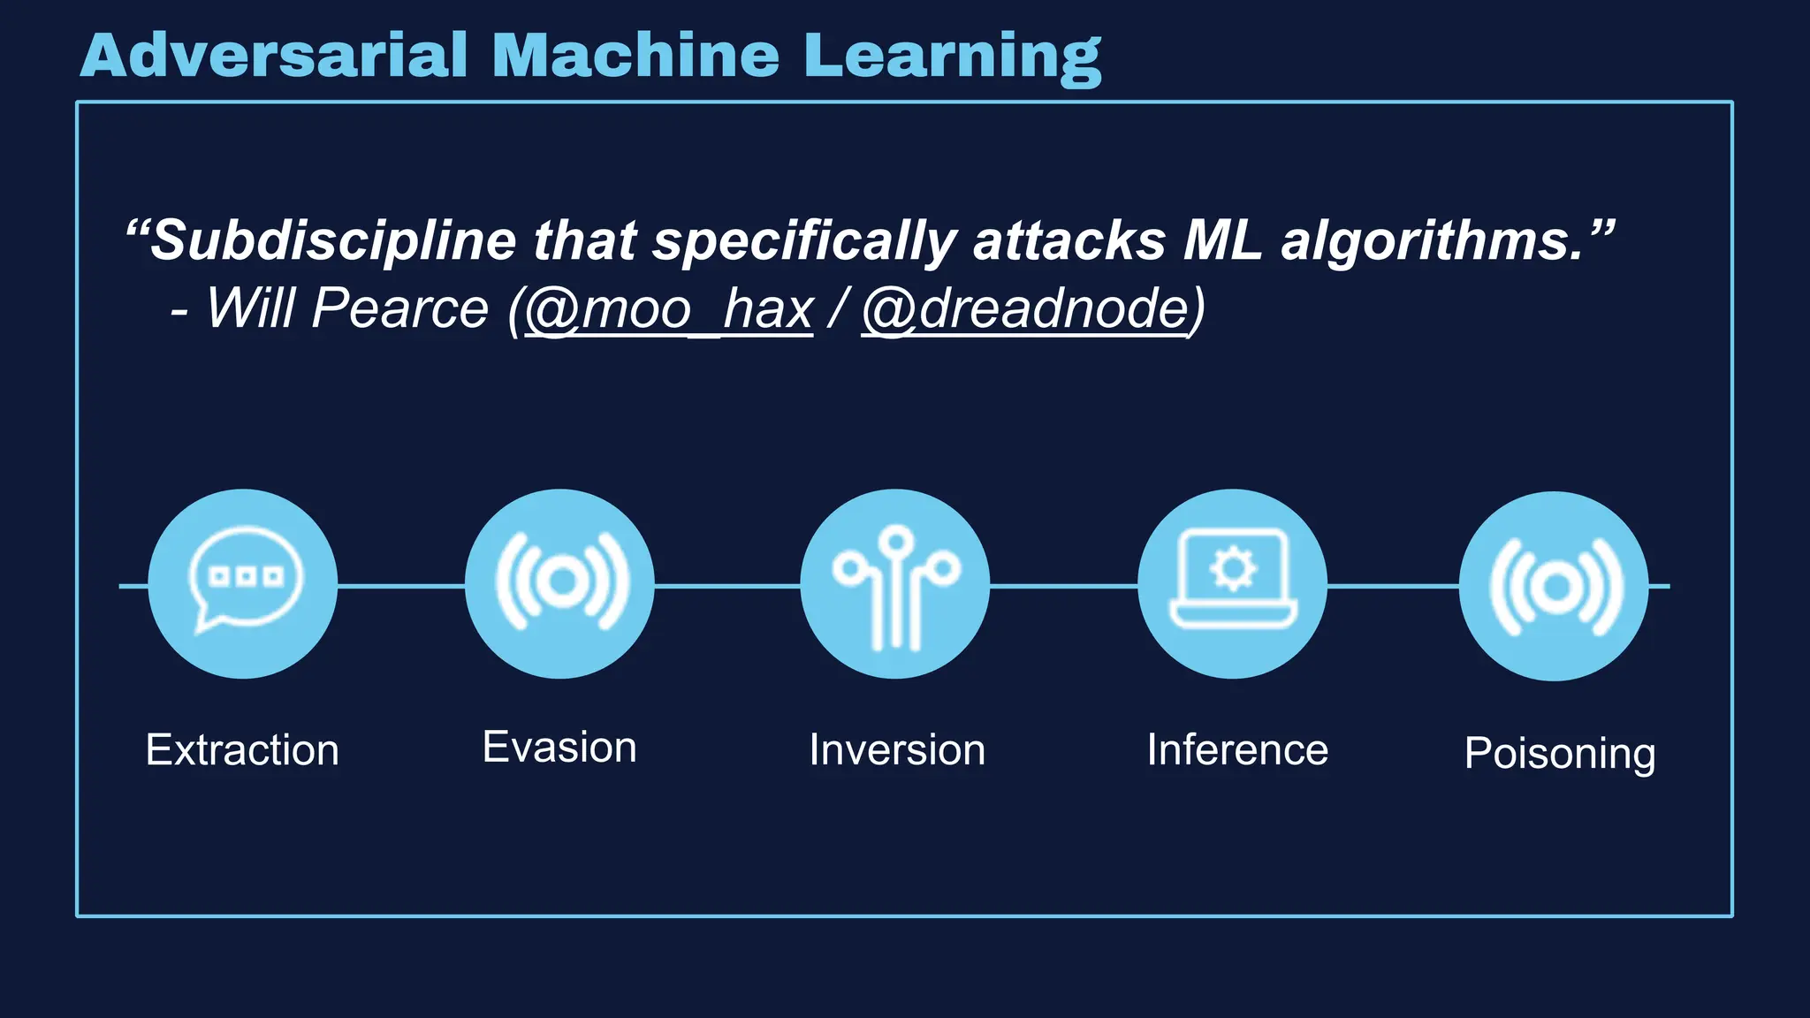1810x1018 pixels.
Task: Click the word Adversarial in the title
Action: pyautogui.click(x=273, y=56)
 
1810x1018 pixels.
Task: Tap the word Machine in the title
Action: pyautogui.click(x=635, y=56)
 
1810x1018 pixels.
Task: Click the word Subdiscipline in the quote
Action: pyautogui.click(x=333, y=240)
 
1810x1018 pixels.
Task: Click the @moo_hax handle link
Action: pyautogui.click(x=669, y=309)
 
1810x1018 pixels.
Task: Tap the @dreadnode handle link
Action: pyautogui.click(x=1025, y=309)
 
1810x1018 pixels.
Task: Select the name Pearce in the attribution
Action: pyautogui.click(x=400, y=309)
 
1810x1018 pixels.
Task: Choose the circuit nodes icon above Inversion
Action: pyautogui.click(x=895, y=584)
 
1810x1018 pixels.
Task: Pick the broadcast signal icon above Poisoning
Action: pyautogui.click(x=1555, y=586)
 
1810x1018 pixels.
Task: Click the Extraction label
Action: pyautogui.click(x=242, y=750)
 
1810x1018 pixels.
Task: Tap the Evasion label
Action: pyautogui.click(x=559, y=748)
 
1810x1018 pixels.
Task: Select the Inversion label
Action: pyautogui.click(x=897, y=750)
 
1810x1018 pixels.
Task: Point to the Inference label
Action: pyautogui.click(x=1237, y=750)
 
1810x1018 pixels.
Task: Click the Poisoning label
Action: pyautogui.click(x=1560, y=754)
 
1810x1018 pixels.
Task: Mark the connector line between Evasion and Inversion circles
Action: pyautogui.click(x=727, y=585)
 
